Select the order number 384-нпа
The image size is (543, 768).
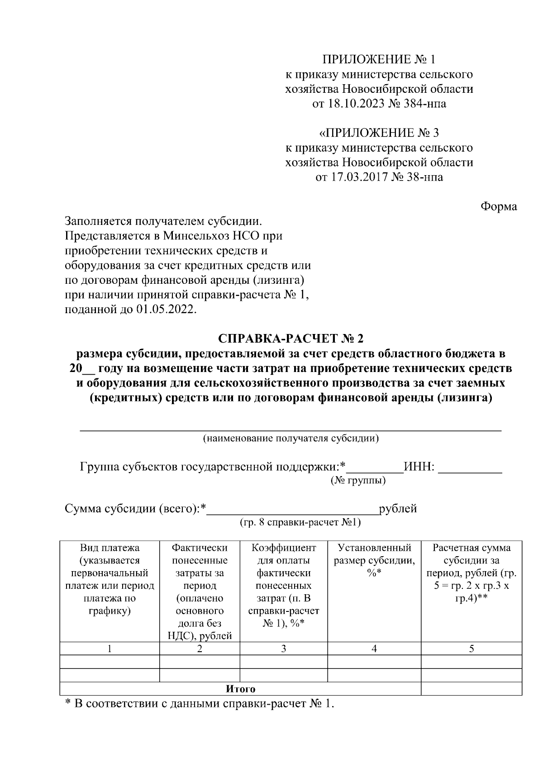click(424, 104)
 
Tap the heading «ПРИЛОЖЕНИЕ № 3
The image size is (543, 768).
click(379, 133)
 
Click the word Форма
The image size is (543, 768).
click(498, 206)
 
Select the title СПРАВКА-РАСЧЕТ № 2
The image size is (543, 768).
click(291, 339)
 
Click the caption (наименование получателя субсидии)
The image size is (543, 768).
click(291, 438)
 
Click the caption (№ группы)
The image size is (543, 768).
click(358, 480)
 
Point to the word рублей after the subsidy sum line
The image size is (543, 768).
click(398, 509)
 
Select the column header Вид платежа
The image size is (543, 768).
click(110, 548)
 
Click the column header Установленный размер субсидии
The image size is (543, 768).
click(374, 554)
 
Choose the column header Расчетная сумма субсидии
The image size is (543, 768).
click(472, 554)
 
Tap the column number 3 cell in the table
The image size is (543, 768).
click(283, 649)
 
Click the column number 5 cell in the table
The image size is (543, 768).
click(472, 649)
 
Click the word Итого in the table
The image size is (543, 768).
click(240, 689)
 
